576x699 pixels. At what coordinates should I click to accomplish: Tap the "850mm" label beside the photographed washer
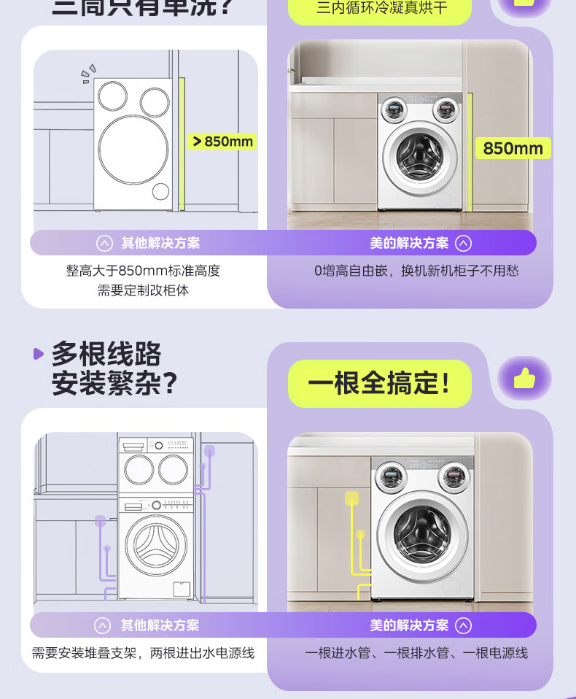click(513, 148)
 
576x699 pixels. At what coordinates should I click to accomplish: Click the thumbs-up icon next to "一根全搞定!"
click(524, 378)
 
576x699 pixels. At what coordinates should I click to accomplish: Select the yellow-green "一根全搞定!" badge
click(379, 383)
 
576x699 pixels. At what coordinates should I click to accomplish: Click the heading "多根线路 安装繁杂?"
click(114, 369)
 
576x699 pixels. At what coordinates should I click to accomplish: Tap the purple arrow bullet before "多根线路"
click(39, 354)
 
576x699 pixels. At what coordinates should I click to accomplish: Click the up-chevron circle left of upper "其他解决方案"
click(105, 243)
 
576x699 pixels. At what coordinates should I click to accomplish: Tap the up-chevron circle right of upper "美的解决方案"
click(464, 243)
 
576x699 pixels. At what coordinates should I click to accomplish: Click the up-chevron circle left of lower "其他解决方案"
click(103, 625)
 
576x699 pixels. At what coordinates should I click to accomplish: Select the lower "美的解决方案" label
click(409, 625)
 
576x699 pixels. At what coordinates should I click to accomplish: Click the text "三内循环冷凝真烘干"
click(382, 9)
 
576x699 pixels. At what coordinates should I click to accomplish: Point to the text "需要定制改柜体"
click(144, 290)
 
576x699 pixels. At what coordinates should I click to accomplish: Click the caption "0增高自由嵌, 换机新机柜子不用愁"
click(416, 271)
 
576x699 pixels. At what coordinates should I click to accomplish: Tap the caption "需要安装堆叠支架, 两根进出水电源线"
click(144, 653)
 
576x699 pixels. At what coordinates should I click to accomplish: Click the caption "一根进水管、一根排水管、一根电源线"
click(416, 653)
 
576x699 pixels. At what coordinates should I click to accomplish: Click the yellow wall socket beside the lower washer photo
click(351, 498)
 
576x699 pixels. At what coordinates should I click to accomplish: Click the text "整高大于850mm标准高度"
click(144, 271)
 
